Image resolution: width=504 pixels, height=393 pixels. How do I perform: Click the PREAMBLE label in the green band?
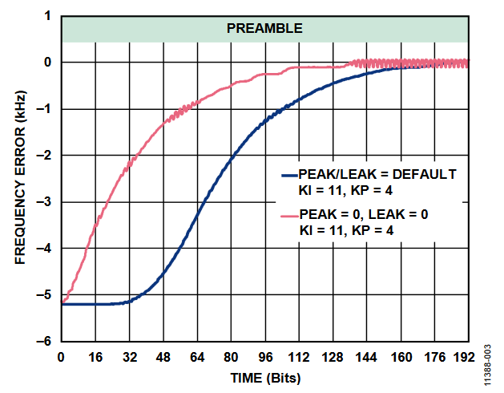(264, 28)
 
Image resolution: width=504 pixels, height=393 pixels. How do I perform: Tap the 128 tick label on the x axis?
(333, 356)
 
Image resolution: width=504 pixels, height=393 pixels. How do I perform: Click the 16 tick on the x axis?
(95, 356)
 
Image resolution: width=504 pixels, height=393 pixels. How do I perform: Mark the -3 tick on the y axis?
(46, 202)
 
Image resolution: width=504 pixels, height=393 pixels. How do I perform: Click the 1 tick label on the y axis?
(49, 16)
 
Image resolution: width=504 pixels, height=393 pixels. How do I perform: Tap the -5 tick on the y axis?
(46, 295)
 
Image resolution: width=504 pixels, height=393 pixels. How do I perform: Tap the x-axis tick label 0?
(62, 356)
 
